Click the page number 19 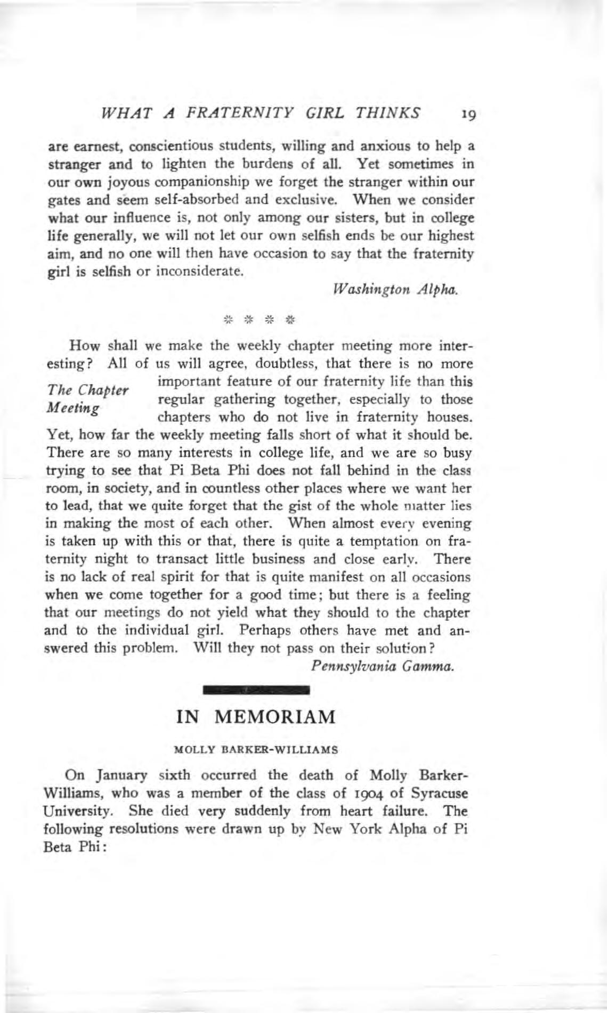468,114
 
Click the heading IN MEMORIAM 256,716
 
